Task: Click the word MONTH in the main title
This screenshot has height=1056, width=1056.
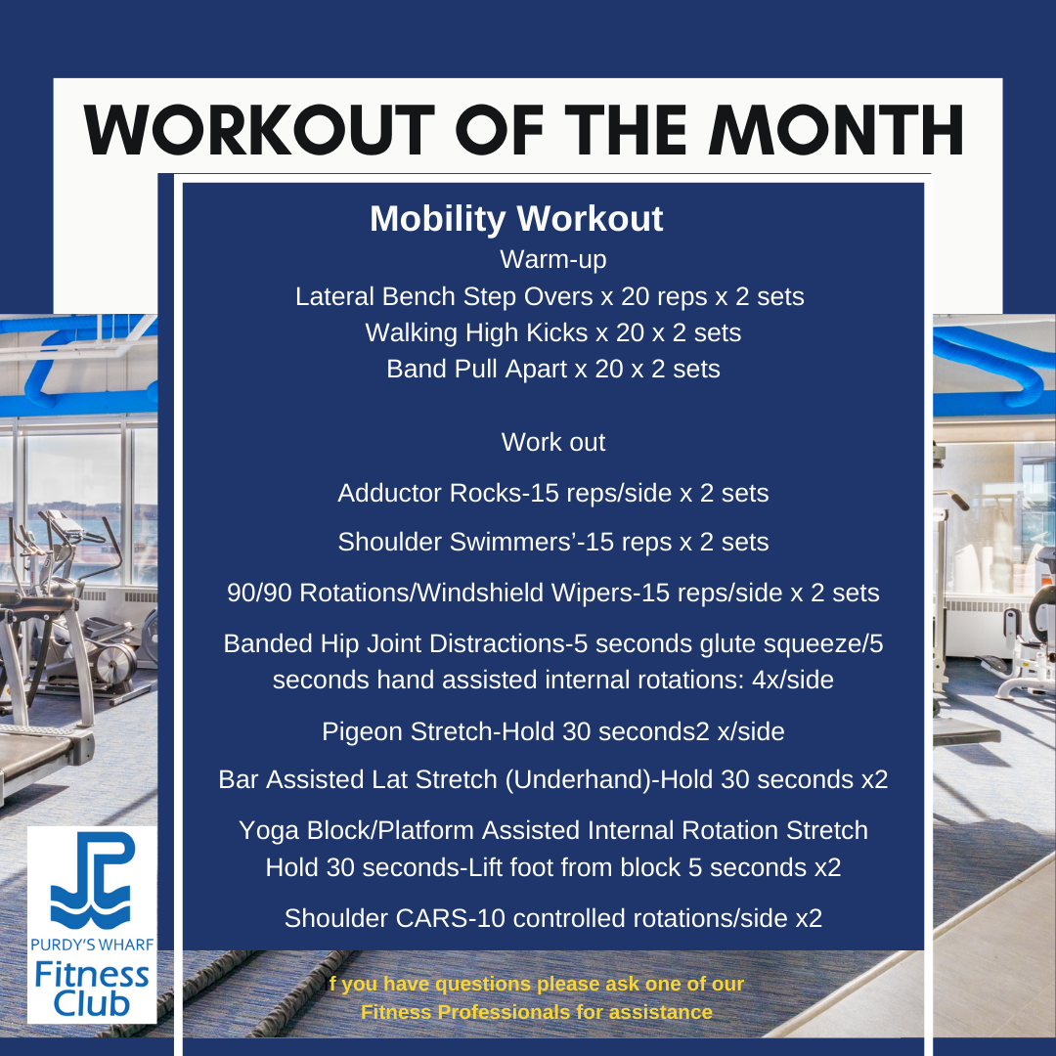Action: click(x=836, y=130)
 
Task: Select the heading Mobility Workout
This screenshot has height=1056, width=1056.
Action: click(x=516, y=218)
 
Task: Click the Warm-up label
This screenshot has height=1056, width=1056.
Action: click(x=552, y=260)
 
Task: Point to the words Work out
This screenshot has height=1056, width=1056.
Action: click(x=552, y=443)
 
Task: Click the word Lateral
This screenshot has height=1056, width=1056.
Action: click(x=334, y=296)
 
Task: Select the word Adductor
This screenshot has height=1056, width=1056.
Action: click(x=389, y=493)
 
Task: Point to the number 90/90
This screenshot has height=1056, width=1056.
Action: click(x=258, y=593)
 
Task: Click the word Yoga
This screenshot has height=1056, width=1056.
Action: click(x=269, y=830)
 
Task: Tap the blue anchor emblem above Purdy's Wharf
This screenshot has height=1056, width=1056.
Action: click(x=92, y=880)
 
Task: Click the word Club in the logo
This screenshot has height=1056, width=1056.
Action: click(x=92, y=1003)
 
